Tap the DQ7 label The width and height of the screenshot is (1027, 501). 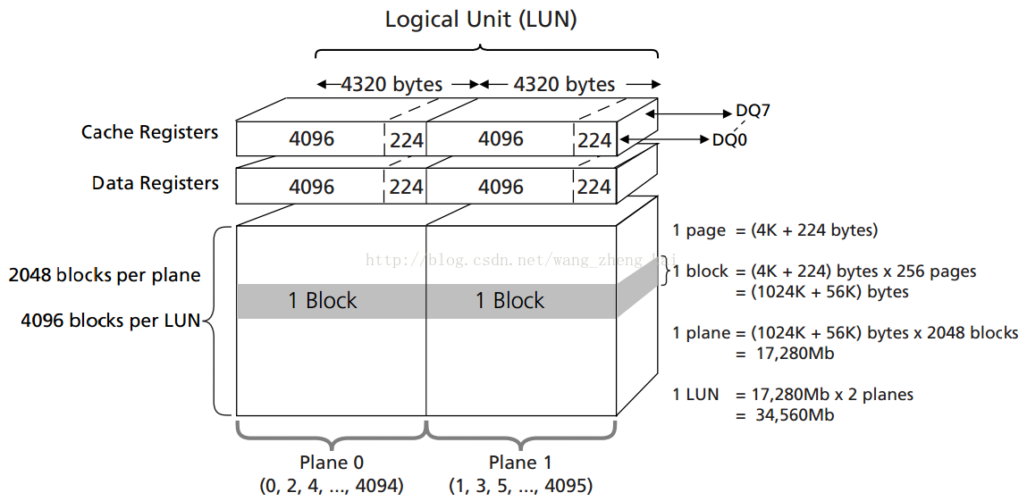[753, 112]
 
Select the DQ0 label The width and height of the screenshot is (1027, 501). [729, 139]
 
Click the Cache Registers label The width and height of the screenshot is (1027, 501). [149, 132]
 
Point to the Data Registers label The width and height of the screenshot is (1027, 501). [155, 183]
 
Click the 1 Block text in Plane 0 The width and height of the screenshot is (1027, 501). [322, 301]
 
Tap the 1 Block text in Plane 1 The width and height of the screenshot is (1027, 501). [509, 301]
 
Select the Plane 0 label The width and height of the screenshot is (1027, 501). [332, 463]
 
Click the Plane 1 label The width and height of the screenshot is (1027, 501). [520, 463]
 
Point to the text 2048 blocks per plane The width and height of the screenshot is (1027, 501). [105, 275]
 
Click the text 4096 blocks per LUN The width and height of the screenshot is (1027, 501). [111, 320]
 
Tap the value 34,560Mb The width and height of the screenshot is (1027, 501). [785, 414]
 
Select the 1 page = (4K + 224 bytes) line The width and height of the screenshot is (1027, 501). [775, 230]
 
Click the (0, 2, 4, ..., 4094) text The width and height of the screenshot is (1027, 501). [332, 486]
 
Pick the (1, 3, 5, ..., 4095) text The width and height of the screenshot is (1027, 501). [520, 486]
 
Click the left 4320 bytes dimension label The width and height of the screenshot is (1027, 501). [391, 85]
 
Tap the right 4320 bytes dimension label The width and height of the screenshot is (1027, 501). [564, 85]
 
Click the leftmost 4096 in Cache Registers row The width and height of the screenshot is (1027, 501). [312, 139]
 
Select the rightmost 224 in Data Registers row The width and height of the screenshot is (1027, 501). [594, 187]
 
